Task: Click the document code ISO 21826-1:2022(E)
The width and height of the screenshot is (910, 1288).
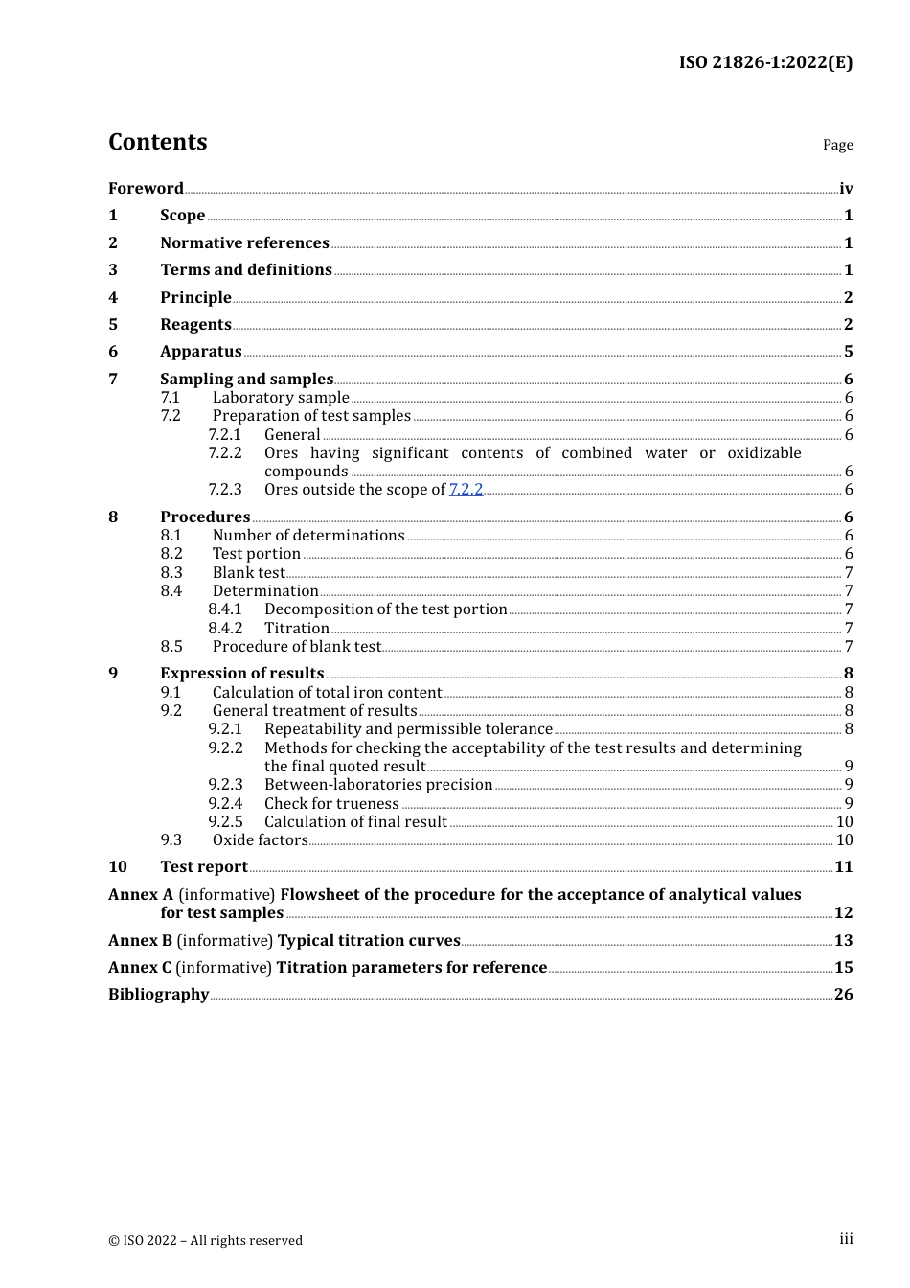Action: [765, 62]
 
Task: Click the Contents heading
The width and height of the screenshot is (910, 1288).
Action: [157, 142]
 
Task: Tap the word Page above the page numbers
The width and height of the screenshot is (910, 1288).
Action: [837, 145]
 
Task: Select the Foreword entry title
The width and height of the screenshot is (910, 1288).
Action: [146, 189]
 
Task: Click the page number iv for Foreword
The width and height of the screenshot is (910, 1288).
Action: [846, 189]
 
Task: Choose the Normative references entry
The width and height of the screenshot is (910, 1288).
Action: [244, 243]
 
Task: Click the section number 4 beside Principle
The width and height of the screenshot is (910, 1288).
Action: [113, 298]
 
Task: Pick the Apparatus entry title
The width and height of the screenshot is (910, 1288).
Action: [200, 352]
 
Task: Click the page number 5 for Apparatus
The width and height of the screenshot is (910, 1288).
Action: [848, 352]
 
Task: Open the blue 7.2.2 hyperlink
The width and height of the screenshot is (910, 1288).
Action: [466, 490]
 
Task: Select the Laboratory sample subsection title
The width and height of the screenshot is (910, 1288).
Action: [281, 398]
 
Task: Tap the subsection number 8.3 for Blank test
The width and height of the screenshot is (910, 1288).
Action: [171, 573]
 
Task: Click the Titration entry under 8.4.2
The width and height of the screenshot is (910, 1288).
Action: [297, 629]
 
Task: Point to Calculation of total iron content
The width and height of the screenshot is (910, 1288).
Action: [327, 693]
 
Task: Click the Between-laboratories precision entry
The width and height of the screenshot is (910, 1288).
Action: [378, 785]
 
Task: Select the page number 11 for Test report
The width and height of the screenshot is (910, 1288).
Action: [843, 867]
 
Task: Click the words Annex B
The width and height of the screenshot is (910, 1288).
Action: [140, 941]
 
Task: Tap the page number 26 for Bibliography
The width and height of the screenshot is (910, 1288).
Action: [843, 995]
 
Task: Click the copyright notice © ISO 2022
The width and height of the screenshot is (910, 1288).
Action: [205, 1241]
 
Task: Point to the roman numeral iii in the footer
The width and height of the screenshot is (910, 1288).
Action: [846, 1239]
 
